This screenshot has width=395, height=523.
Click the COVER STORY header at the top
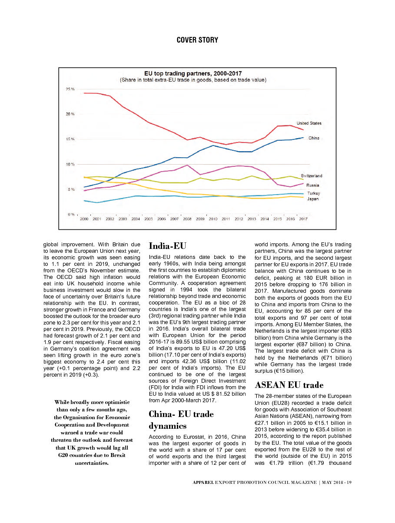pyautogui.click(x=197, y=40)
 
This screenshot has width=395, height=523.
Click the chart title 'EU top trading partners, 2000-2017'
pyautogui.click(x=193, y=73)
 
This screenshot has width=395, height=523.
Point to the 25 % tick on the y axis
pyautogui.click(x=70, y=89)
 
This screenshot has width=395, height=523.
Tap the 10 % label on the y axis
pyautogui.click(x=70, y=164)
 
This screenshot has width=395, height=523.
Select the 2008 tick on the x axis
pyautogui.click(x=187, y=219)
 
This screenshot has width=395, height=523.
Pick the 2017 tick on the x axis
pyautogui.click(x=303, y=219)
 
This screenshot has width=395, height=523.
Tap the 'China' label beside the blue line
pyautogui.click(x=314, y=138)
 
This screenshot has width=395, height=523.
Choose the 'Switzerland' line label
pyautogui.click(x=312, y=176)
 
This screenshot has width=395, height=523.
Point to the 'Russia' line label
pyautogui.click(x=313, y=185)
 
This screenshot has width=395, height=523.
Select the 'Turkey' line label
pyautogui.click(x=313, y=193)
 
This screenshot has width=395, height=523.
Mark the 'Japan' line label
pyautogui.click(x=313, y=199)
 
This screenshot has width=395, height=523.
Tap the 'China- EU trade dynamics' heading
pyautogui.click(x=181, y=420)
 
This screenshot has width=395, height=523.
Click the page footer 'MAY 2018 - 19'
pyautogui.click(x=334, y=483)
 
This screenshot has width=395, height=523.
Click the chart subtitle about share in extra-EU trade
pyautogui.click(x=193, y=80)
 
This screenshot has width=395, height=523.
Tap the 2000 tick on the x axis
pyautogui.click(x=84, y=219)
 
